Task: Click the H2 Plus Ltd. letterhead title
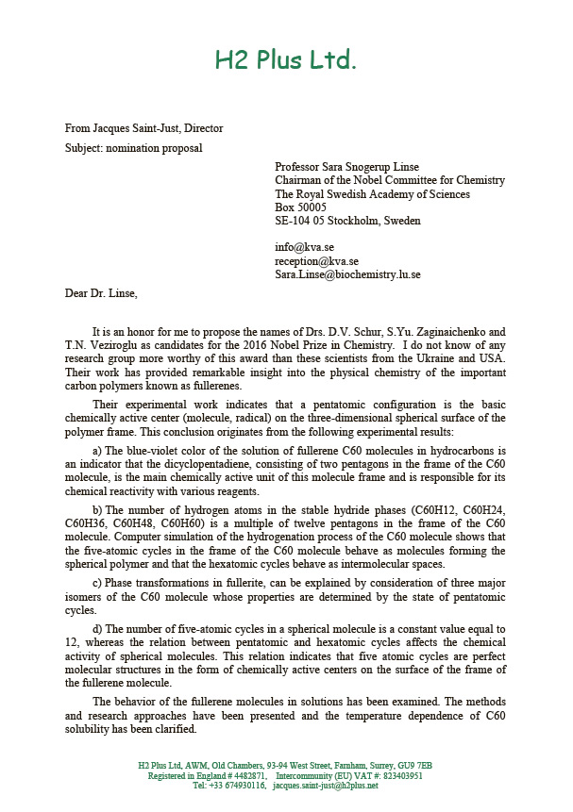(x=285, y=61)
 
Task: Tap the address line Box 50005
(x=300, y=207)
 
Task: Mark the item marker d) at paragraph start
(x=97, y=628)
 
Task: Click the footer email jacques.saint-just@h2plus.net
(x=325, y=785)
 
